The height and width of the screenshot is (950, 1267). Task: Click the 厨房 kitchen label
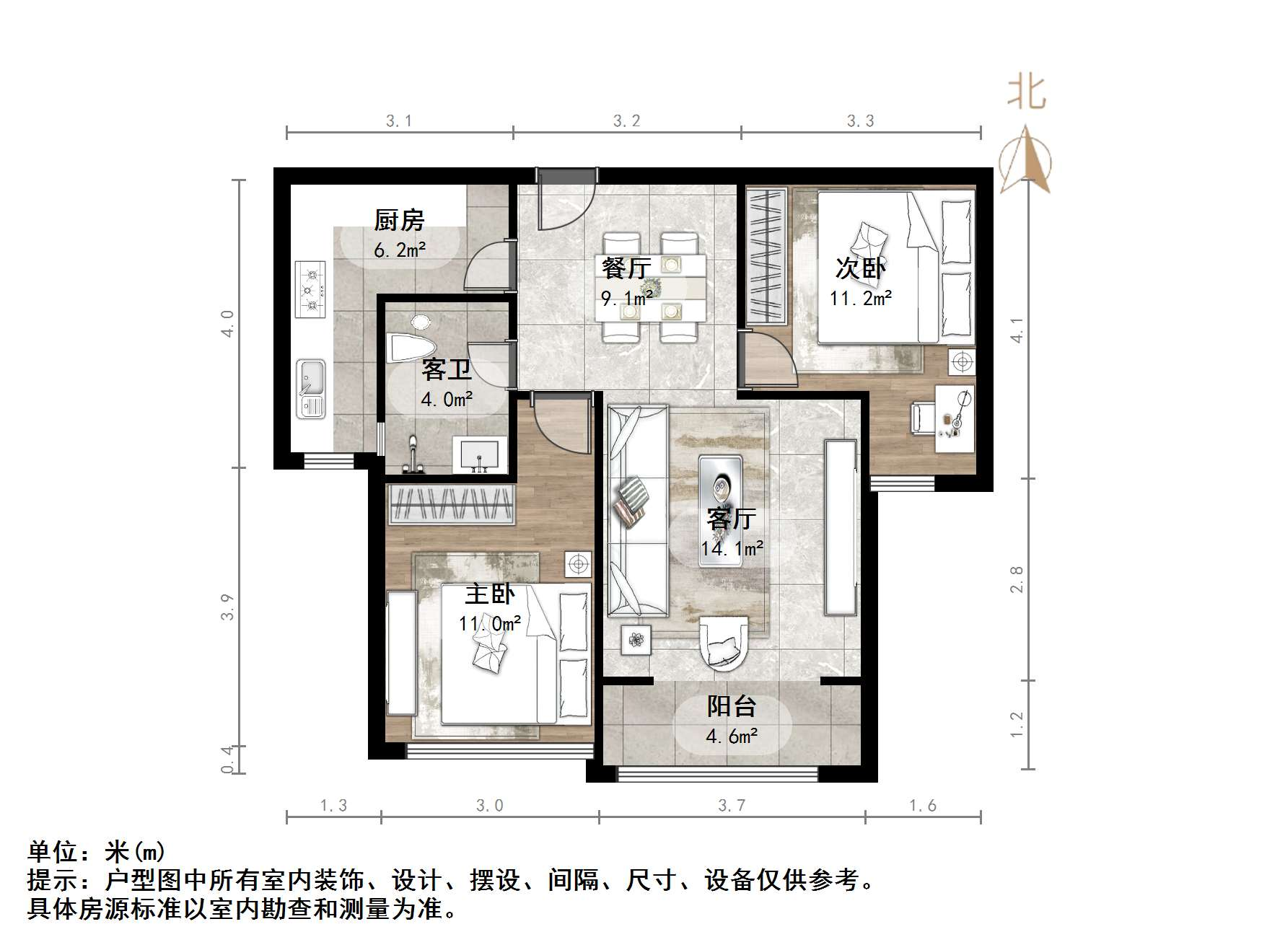pyautogui.click(x=399, y=220)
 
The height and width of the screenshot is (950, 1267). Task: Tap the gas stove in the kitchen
pyautogui.click(x=311, y=289)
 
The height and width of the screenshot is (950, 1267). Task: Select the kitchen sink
pyautogui.click(x=311, y=388)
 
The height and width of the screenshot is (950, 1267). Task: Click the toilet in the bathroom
pyautogui.click(x=409, y=345)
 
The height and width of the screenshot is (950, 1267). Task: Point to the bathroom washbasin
pyautogui.click(x=479, y=454)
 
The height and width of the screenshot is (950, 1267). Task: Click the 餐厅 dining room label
pyautogui.click(x=626, y=268)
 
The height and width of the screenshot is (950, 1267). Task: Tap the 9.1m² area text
pyautogui.click(x=627, y=296)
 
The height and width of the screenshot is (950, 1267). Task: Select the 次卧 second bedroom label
pyautogui.click(x=860, y=268)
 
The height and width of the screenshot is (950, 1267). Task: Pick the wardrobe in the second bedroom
pyautogui.click(x=766, y=256)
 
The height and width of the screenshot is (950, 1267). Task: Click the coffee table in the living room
pyautogui.click(x=719, y=490)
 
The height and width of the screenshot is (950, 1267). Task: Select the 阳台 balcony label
pyautogui.click(x=731, y=706)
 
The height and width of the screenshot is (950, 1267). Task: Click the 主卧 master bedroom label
pyautogui.click(x=489, y=594)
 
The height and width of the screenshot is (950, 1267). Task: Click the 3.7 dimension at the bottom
pyautogui.click(x=731, y=805)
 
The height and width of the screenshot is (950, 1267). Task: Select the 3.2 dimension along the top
pyautogui.click(x=626, y=121)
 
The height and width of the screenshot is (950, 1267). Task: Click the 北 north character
pyautogui.click(x=1026, y=93)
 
